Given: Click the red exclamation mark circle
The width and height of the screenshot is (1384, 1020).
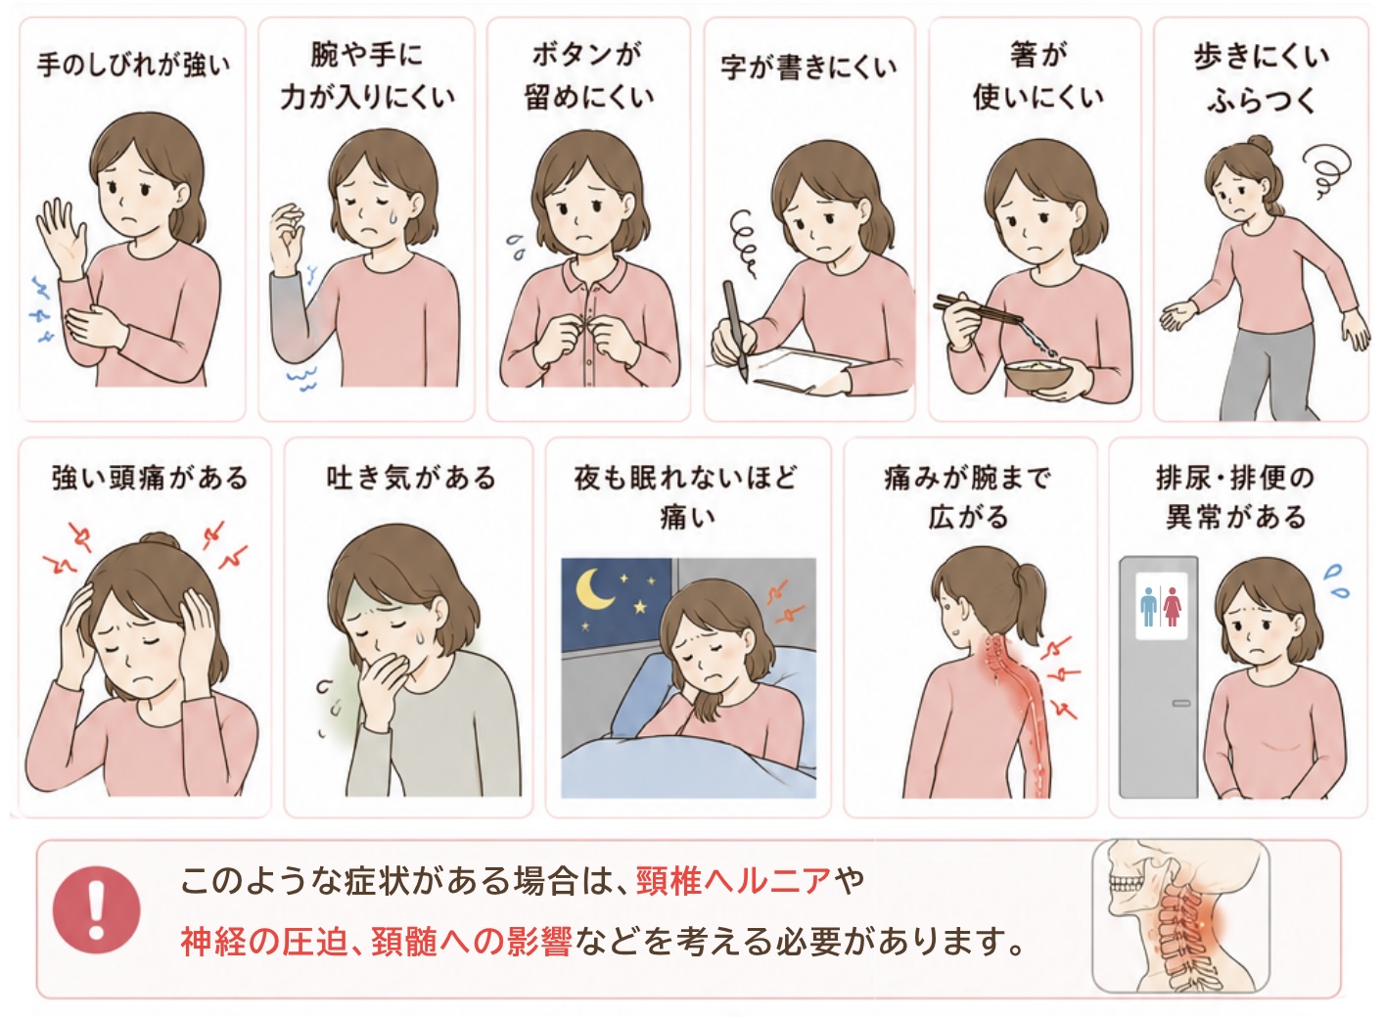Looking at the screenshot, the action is point(96,909).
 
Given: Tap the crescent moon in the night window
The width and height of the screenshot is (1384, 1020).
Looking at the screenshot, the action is point(593,587).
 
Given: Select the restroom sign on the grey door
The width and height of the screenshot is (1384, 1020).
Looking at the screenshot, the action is point(1161,606).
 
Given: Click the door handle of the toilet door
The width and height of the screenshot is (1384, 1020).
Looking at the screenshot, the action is point(1180,703).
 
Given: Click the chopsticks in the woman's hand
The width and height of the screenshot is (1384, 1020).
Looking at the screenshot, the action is point(978,309).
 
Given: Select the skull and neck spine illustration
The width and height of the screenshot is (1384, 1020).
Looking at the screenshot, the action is point(1180,915).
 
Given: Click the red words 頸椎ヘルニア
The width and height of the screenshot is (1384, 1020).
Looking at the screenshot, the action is point(733,881).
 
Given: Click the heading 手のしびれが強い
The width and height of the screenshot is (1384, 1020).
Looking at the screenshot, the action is point(133,65).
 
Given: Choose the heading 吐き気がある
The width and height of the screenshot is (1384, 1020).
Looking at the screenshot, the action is point(411,478).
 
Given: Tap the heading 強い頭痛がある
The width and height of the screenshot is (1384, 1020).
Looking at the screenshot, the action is point(149,478).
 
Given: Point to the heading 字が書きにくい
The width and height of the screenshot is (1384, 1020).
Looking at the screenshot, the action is point(808,67).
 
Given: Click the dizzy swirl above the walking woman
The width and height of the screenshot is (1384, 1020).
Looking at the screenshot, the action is point(1323,170).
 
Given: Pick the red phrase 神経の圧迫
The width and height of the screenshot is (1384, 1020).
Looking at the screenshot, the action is point(264,943).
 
